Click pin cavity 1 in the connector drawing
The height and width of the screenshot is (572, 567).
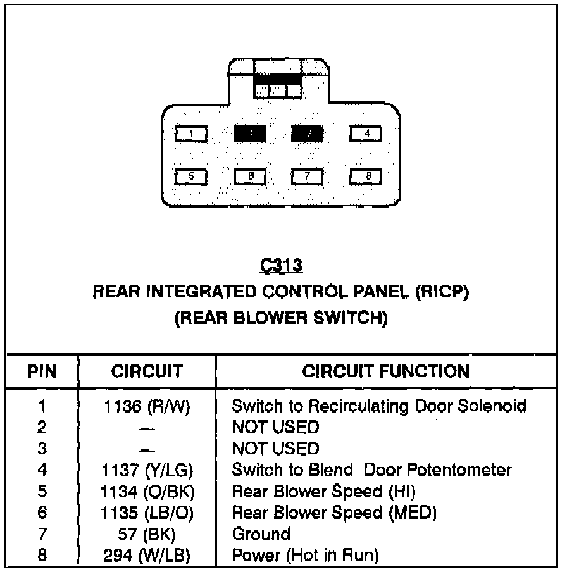pyautogui.click(x=192, y=134)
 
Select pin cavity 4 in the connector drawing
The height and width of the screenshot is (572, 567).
pyautogui.click(x=366, y=134)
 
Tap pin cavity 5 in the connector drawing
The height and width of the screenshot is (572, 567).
pyautogui.click(x=192, y=177)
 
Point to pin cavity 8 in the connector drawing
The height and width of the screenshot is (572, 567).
pyautogui.click(x=366, y=177)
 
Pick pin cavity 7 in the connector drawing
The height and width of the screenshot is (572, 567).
pyautogui.click(x=308, y=177)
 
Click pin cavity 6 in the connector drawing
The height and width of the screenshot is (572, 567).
pyautogui.click(x=250, y=177)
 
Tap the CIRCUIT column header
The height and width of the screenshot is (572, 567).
pyautogui.click(x=147, y=371)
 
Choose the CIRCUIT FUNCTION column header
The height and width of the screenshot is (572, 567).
pyautogui.click(x=386, y=371)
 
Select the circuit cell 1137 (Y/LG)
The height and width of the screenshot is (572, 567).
pyautogui.click(x=147, y=471)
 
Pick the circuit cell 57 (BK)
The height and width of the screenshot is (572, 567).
pyautogui.click(x=147, y=535)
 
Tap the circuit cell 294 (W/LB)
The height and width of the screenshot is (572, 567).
pyautogui.click(x=147, y=556)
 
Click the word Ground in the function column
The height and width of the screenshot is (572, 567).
pyautogui.click(x=261, y=535)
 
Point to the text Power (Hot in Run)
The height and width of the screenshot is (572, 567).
pyautogui.click(x=306, y=556)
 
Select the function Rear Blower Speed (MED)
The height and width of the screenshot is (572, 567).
pyautogui.click(x=335, y=513)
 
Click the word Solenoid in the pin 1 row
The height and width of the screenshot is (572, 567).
pyautogui.click(x=492, y=406)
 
